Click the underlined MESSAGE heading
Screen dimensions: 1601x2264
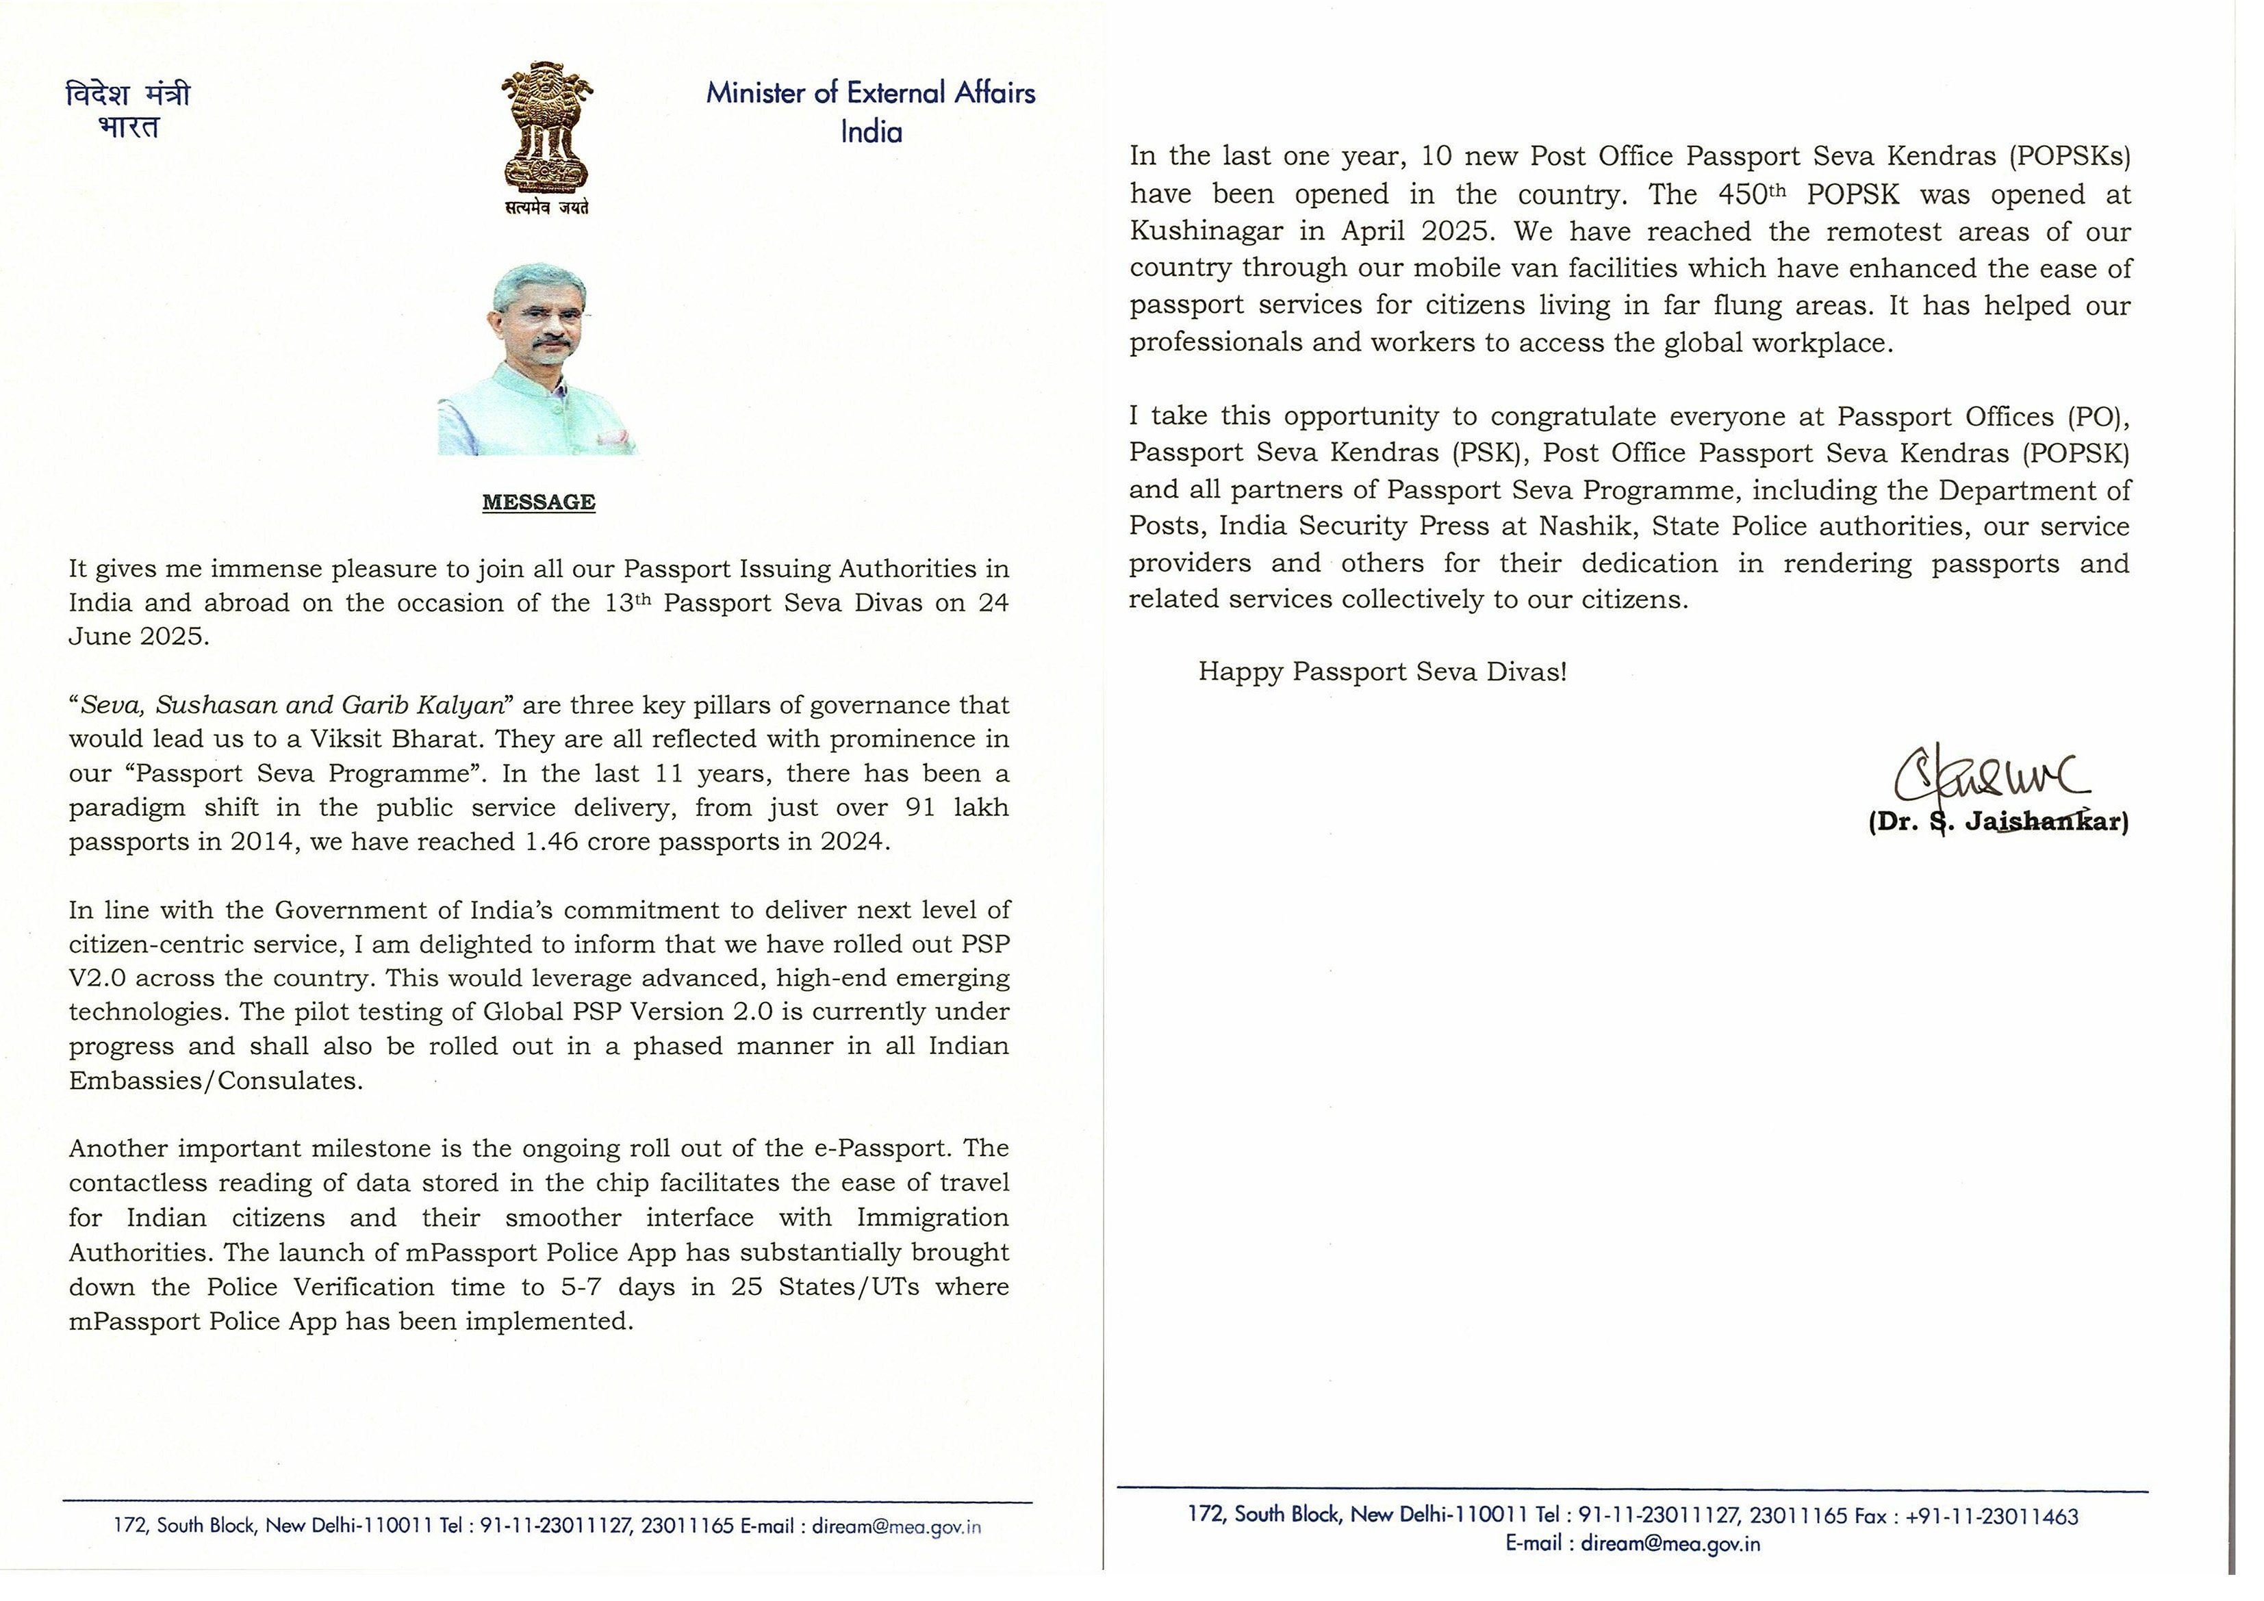[538, 503]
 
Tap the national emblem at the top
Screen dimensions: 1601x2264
[546, 127]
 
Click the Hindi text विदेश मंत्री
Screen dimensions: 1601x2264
[127, 94]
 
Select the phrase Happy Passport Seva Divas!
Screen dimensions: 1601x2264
[1382, 672]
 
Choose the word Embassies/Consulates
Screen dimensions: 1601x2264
[216, 1081]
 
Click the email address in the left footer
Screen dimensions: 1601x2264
[896, 1527]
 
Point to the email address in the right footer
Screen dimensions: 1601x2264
[1670, 1544]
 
